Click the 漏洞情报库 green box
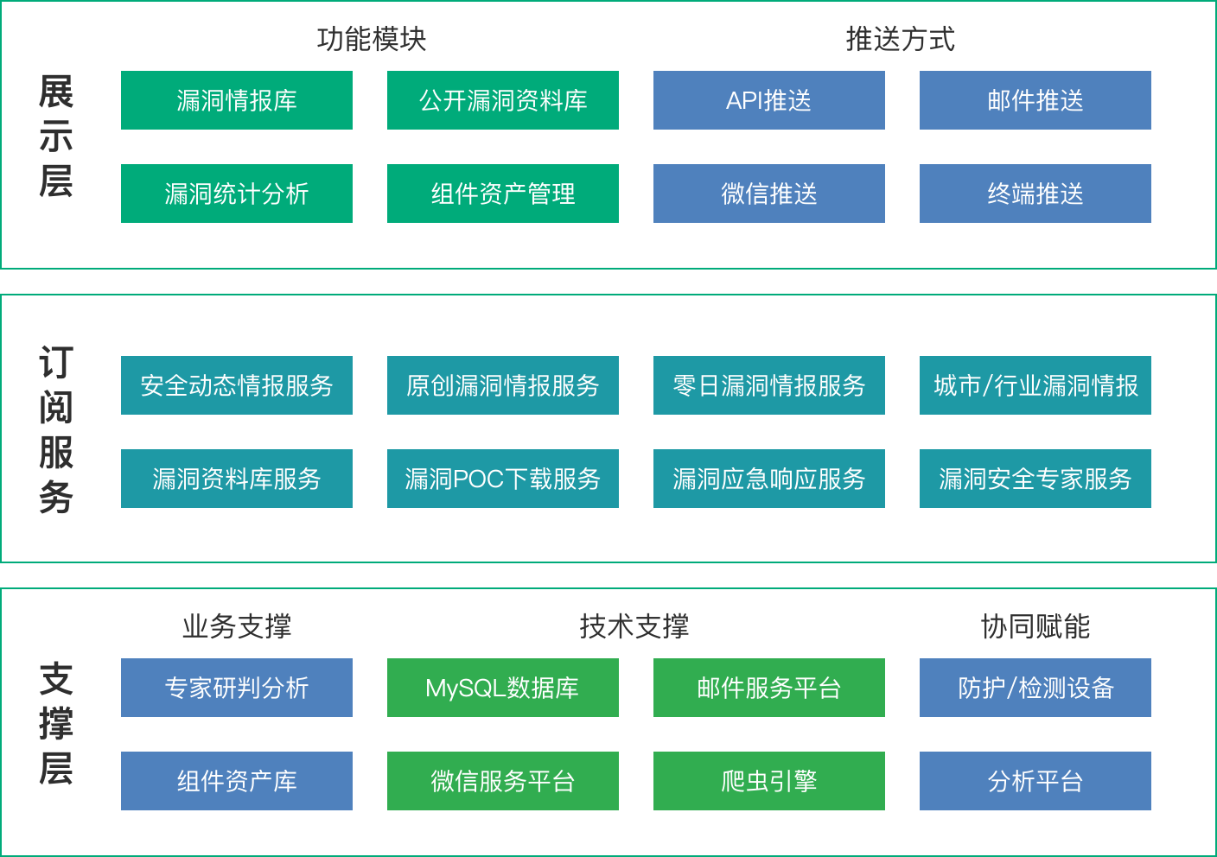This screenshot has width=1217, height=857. [x=236, y=100]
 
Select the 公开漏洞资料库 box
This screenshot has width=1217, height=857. [x=502, y=100]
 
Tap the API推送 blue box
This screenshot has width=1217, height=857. [x=768, y=100]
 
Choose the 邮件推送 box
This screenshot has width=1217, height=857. [x=1035, y=100]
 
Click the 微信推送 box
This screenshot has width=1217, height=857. [x=768, y=194]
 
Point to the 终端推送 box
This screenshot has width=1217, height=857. [x=1035, y=194]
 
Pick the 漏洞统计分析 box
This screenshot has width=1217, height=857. [x=236, y=194]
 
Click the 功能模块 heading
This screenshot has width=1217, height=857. [x=372, y=39]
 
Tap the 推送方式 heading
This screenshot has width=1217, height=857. [x=901, y=39]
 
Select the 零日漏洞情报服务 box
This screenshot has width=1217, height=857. [x=768, y=385]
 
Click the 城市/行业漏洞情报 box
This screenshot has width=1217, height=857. [x=1035, y=385]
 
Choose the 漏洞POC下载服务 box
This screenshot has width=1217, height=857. [x=502, y=479]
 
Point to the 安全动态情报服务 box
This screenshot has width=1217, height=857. [x=236, y=385]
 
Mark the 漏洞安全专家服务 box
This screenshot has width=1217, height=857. [x=1035, y=479]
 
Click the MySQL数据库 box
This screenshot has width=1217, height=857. [x=502, y=688]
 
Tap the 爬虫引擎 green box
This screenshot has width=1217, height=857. [x=768, y=781]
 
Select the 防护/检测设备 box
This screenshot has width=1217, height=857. [x=1035, y=688]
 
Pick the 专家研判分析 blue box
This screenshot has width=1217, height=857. [x=236, y=688]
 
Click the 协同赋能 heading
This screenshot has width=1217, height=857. [x=1035, y=626]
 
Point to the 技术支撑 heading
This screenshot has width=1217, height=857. [x=634, y=626]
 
